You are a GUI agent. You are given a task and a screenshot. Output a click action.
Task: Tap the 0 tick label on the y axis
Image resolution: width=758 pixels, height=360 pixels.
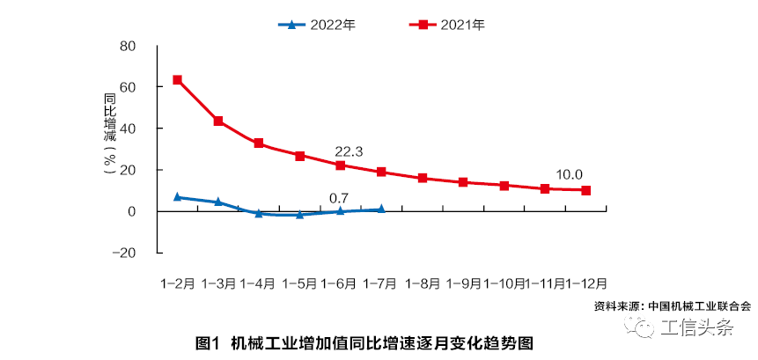[x=132, y=211]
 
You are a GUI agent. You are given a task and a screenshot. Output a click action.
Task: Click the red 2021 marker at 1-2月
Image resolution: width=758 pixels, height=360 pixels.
[x=178, y=80]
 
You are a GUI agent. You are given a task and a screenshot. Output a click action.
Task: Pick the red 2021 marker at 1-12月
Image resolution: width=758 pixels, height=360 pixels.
[x=585, y=190]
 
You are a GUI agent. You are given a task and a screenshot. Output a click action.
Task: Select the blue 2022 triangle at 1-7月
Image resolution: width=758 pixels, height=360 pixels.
[x=381, y=209]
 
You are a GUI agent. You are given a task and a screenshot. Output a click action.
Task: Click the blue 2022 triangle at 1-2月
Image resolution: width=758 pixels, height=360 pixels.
[x=178, y=197]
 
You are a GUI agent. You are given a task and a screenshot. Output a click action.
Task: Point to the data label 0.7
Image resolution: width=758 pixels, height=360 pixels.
[x=340, y=197]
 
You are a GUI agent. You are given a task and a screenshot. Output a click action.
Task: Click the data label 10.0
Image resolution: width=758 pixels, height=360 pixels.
[x=568, y=174]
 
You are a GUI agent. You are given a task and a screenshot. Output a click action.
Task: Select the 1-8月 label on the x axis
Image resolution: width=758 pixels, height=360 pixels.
[x=423, y=283]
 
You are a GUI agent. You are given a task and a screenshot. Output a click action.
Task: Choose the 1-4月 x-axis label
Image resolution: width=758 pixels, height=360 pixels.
[x=259, y=283]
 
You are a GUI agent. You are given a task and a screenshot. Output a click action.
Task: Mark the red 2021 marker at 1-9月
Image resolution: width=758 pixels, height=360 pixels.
[x=463, y=182]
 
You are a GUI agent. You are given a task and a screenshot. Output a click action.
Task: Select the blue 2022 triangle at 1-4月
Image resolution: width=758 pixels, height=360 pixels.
[x=259, y=213]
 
